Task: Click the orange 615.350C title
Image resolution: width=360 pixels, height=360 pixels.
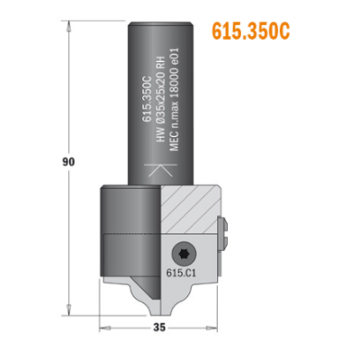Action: tap(251, 31)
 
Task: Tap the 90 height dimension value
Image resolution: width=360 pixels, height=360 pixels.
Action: tap(68, 162)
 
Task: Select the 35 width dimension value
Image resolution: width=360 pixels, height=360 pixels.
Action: tap(159, 328)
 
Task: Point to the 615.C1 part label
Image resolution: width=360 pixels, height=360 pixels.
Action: tap(181, 274)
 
